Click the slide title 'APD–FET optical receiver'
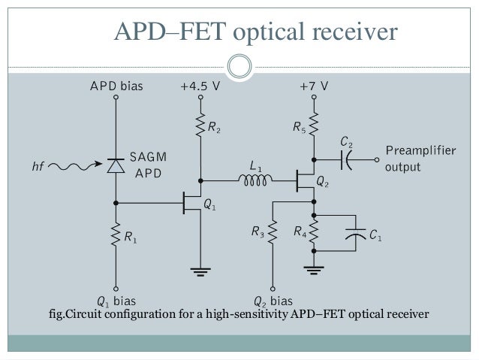pyautogui.click(x=254, y=32)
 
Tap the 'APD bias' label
pyautogui.click(x=116, y=86)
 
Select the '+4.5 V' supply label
pyautogui.click(x=200, y=86)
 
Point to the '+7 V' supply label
pyautogui.click(x=313, y=86)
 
